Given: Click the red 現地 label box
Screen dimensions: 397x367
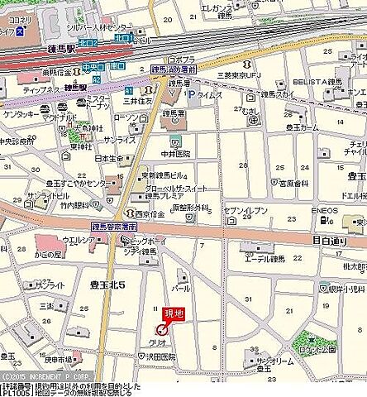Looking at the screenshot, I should (173, 313).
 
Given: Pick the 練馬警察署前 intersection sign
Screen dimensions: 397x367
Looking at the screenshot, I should (113, 226).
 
